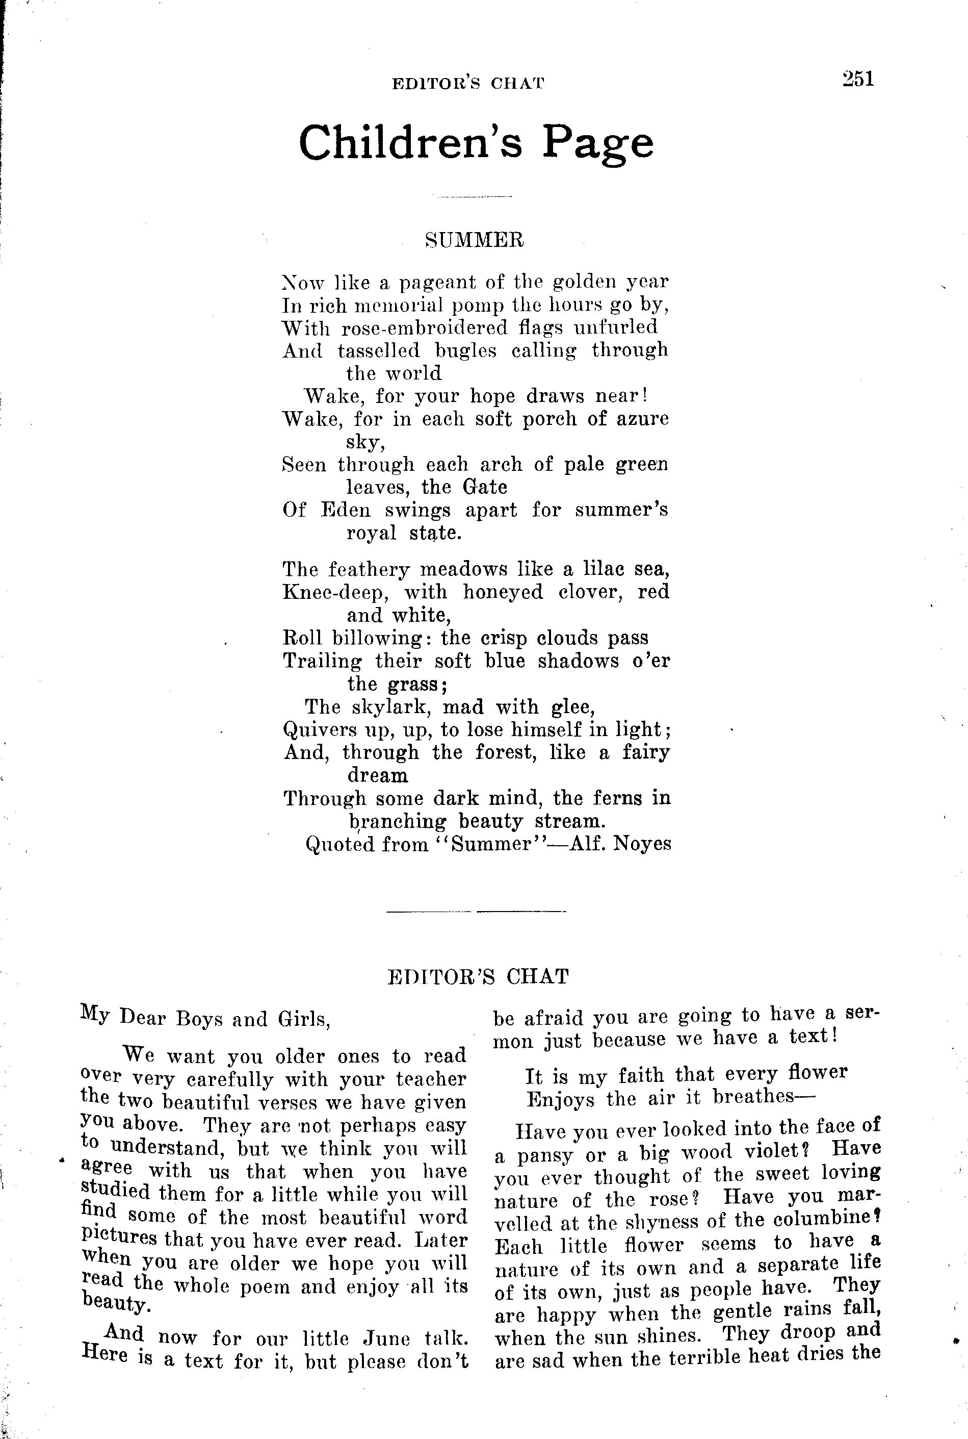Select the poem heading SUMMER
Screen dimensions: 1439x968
coord(475,240)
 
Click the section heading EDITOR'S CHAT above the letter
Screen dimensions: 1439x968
coord(477,977)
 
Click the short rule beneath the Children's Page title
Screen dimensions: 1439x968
coord(474,196)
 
